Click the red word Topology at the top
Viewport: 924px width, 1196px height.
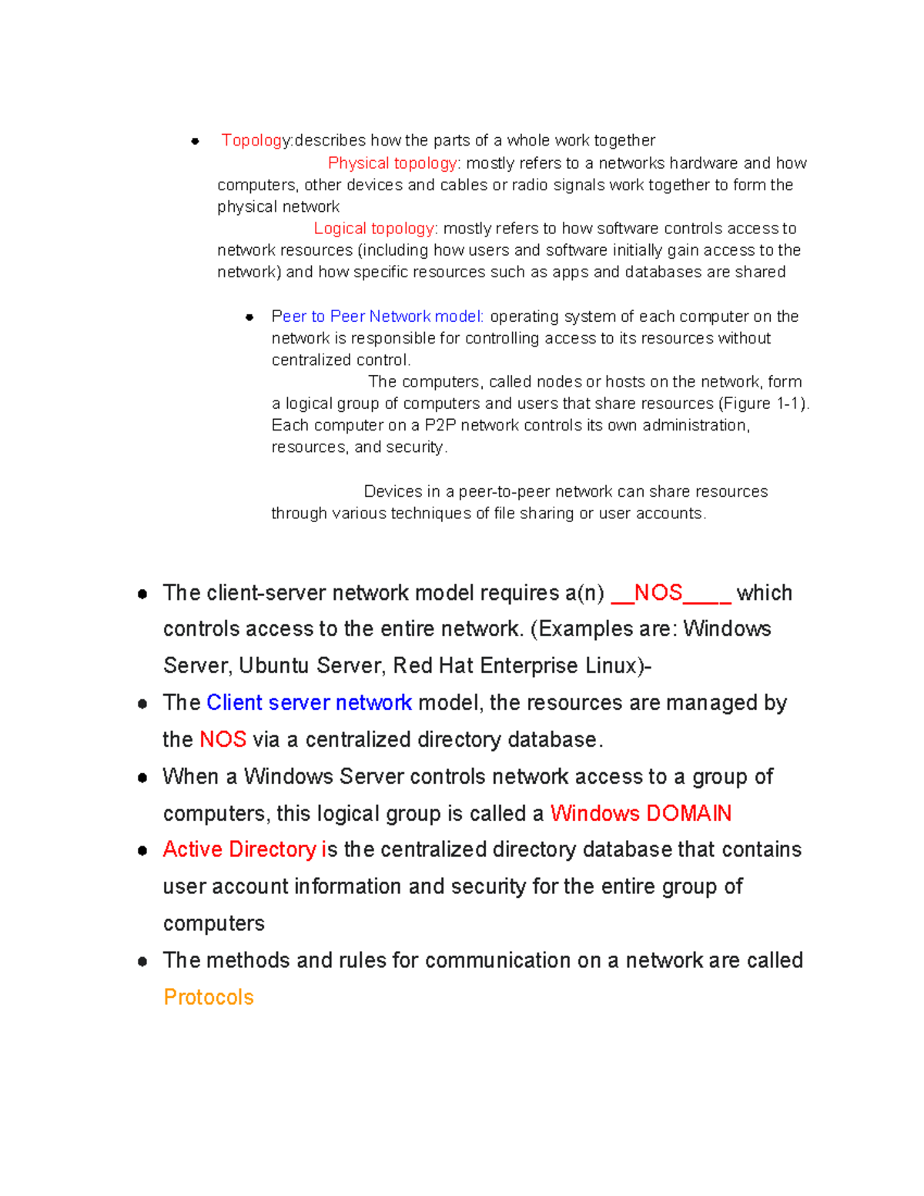point(255,140)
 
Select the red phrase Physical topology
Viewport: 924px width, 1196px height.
point(392,163)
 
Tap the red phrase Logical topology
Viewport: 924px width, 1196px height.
point(374,229)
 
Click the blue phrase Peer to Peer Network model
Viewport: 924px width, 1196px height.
point(377,317)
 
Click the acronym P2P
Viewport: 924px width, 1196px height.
point(440,426)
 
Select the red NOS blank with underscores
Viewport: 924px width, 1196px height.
point(670,593)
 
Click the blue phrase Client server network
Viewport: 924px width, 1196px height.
point(309,703)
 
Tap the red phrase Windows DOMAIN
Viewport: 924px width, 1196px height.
point(641,814)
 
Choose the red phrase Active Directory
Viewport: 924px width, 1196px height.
point(239,849)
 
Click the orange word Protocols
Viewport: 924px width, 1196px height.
point(209,997)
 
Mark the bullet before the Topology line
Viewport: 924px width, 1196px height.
point(196,141)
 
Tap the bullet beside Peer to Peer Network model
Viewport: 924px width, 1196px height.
point(249,317)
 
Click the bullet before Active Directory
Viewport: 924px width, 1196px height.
point(142,851)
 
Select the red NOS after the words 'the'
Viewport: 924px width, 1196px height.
point(223,740)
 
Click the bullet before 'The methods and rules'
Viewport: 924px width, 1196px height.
point(142,962)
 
